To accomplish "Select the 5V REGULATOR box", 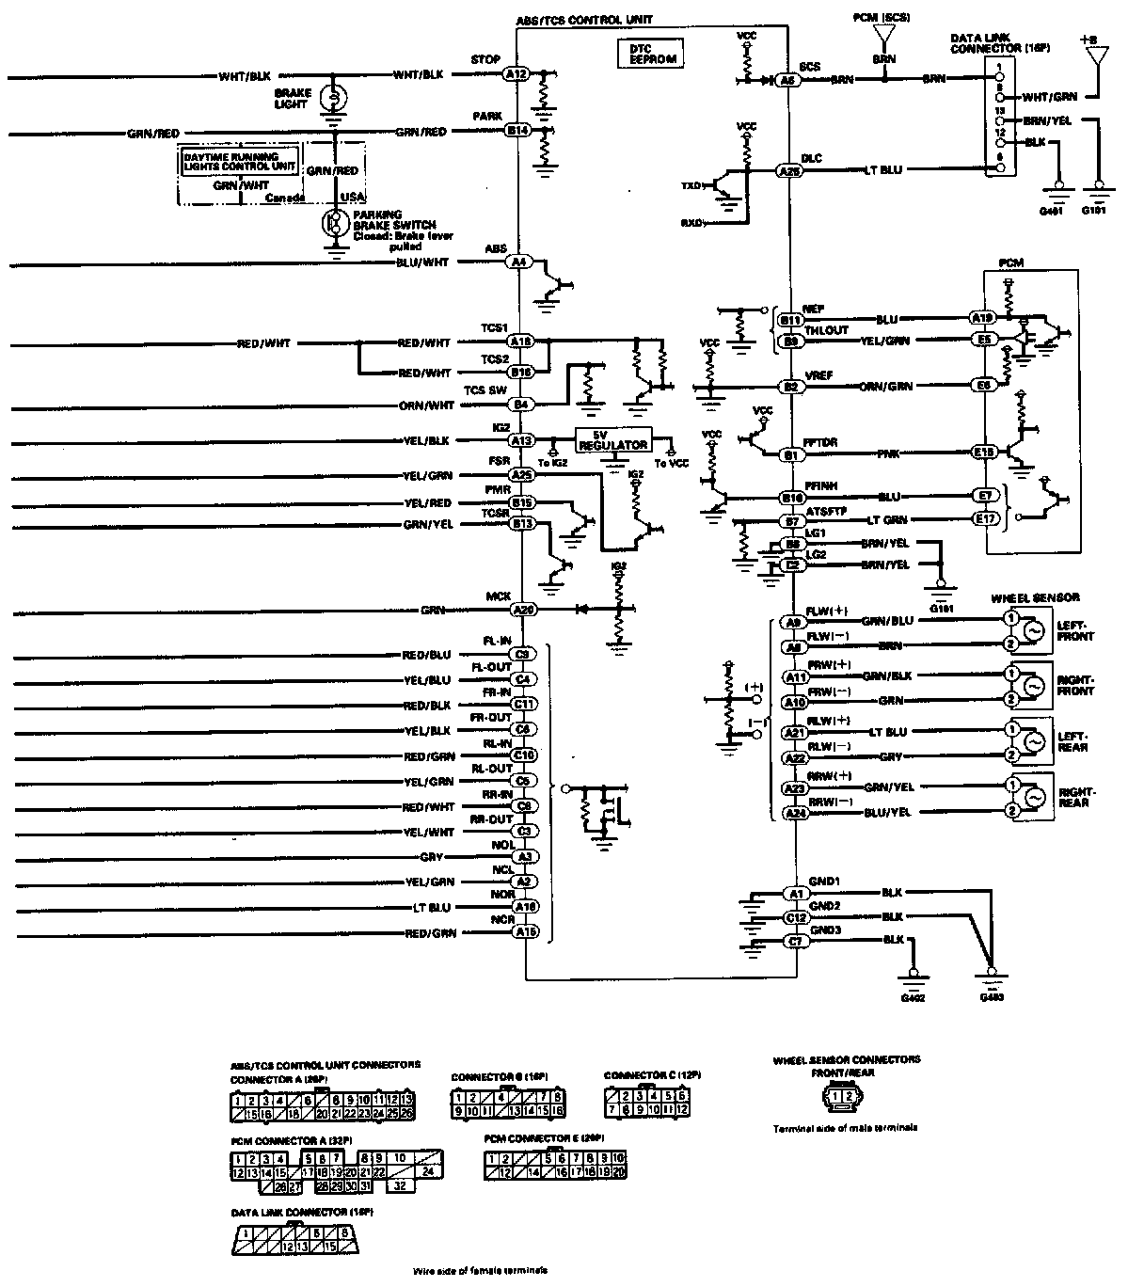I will point(613,440).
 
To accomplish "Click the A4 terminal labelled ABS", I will point(518,262).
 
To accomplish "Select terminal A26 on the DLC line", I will point(788,171).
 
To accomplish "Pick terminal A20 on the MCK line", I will point(523,610).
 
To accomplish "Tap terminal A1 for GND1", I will point(796,892).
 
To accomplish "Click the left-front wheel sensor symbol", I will point(1032,631).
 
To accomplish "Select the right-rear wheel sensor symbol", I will point(1032,798).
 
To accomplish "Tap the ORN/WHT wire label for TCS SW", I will point(428,405).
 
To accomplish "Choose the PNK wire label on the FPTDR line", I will point(887,454).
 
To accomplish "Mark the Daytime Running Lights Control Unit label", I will point(240,160).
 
